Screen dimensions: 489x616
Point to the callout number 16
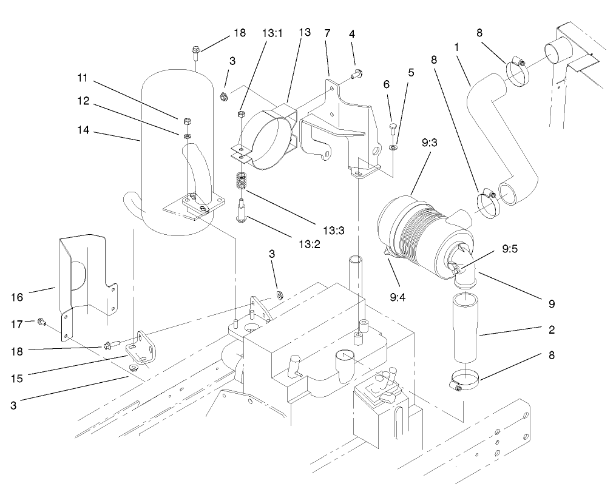point(17,297)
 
